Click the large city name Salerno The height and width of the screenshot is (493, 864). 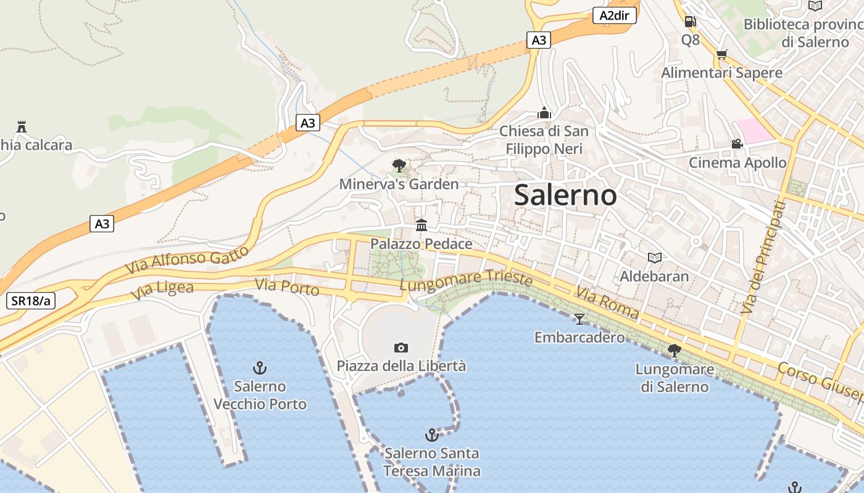565,195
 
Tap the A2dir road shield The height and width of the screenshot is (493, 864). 614,15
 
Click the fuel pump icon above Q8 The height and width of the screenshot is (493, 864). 690,22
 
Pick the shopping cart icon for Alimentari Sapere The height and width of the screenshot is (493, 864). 721,54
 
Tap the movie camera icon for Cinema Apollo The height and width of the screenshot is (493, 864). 737,144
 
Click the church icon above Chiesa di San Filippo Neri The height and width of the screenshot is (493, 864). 544,113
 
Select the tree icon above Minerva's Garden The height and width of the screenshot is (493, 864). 399,165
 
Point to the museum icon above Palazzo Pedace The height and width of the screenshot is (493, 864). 422,225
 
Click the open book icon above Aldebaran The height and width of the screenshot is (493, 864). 654,258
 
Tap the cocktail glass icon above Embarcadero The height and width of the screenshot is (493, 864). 579,319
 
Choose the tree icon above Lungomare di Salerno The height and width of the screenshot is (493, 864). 675,351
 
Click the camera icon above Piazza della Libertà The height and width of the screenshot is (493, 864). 401,348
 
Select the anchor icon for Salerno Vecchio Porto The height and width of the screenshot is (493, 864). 260,368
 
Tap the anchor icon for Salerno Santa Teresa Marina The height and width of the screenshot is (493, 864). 432,435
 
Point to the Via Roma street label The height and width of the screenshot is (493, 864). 607,302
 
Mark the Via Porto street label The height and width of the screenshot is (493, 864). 287,287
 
